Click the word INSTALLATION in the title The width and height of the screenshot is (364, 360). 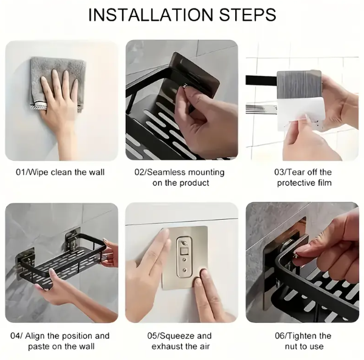(151, 15)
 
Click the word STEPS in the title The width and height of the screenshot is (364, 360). (247, 15)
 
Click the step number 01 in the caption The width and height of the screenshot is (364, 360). (20, 172)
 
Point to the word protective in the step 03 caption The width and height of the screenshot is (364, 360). (295, 183)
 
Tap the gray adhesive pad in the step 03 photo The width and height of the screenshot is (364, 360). (299, 84)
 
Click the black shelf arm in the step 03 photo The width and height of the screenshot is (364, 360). (261, 81)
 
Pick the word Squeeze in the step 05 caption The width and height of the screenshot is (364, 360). (174, 336)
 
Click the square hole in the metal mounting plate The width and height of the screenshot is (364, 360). (184, 251)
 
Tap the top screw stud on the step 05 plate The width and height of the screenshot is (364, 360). (184, 243)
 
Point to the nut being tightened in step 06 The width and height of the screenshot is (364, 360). (295, 255)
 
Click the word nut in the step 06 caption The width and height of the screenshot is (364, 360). (291, 347)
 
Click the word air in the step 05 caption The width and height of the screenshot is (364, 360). (204, 347)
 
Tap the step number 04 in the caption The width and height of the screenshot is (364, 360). (15, 336)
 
